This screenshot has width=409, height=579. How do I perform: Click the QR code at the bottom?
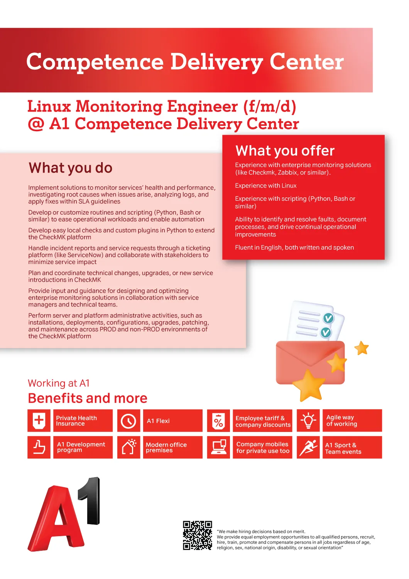(x=197, y=535)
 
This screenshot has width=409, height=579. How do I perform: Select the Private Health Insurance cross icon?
(x=39, y=420)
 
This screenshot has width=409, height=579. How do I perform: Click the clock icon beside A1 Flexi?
(x=128, y=421)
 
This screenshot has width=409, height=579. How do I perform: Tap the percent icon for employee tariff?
(x=218, y=421)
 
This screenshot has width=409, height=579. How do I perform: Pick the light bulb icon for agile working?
(x=308, y=420)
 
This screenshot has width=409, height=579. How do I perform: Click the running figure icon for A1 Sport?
(x=308, y=447)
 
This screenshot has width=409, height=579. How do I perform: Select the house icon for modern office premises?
(x=128, y=447)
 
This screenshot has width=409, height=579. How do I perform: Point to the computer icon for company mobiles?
(x=218, y=447)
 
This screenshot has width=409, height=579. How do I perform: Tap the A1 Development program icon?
(x=39, y=447)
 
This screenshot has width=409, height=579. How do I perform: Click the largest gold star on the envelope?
(x=309, y=385)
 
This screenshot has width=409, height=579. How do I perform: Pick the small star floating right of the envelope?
(x=362, y=348)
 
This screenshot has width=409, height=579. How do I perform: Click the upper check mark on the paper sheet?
(x=328, y=318)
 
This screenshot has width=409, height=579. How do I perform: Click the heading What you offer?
(x=285, y=151)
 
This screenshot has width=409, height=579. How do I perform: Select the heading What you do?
(x=70, y=168)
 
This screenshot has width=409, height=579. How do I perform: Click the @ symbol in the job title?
(x=36, y=124)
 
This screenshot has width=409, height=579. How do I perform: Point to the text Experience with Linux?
(x=265, y=186)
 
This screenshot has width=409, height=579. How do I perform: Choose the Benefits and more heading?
(x=88, y=398)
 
